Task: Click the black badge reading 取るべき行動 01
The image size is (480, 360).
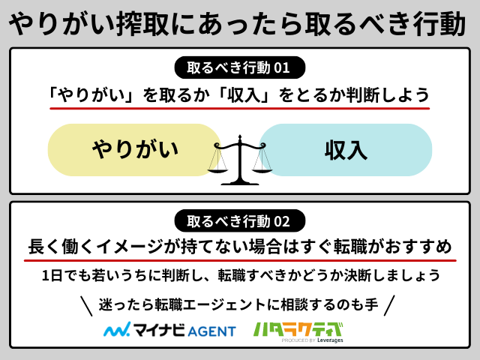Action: coord(239,67)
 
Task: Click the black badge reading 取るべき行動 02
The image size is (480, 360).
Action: coord(239,222)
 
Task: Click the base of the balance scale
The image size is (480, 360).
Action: coord(240,181)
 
